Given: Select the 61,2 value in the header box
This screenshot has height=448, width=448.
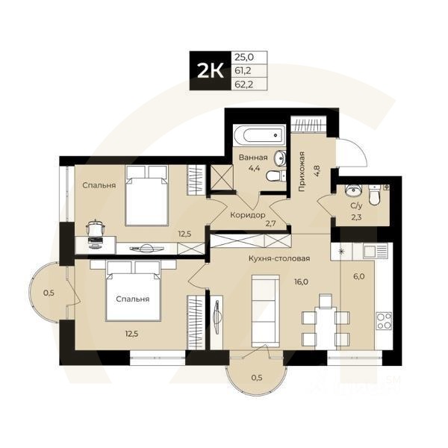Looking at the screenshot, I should tap(243, 71).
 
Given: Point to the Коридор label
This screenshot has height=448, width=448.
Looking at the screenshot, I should tap(248, 215).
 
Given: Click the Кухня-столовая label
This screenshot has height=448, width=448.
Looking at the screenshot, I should tap(279, 258).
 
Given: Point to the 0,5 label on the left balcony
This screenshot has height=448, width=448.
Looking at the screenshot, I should tap(49, 292).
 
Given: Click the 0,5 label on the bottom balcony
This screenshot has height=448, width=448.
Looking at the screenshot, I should tap(256, 376).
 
